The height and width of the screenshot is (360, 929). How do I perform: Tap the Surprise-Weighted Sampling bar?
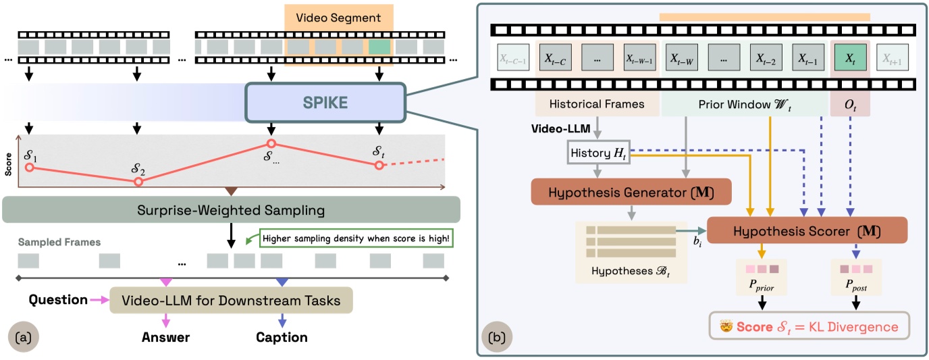(232, 210)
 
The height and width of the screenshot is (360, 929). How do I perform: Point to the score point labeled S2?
(138, 182)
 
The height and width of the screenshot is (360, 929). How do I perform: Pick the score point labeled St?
(379, 165)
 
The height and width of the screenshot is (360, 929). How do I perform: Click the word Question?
(58, 299)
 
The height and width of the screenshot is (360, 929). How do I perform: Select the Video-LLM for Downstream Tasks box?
(231, 299)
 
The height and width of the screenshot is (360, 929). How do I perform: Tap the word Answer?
(165, 337)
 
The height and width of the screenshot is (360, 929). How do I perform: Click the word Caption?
(282, 337)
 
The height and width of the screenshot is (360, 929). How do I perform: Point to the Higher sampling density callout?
(354, 238)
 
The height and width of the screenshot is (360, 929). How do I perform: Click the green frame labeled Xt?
(851, 59)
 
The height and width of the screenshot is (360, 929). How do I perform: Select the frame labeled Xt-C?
(555, 59)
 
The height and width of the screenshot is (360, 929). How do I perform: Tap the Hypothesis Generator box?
(632, 191)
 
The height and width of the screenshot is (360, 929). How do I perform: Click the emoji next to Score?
(726, 326)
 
